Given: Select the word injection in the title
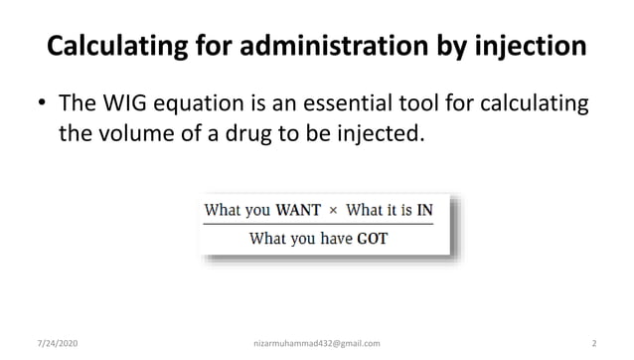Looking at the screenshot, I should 530,46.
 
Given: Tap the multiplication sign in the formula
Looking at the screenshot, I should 333,210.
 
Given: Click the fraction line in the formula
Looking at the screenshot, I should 318,224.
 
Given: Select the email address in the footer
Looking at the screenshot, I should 317,343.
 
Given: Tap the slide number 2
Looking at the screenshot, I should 592,343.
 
